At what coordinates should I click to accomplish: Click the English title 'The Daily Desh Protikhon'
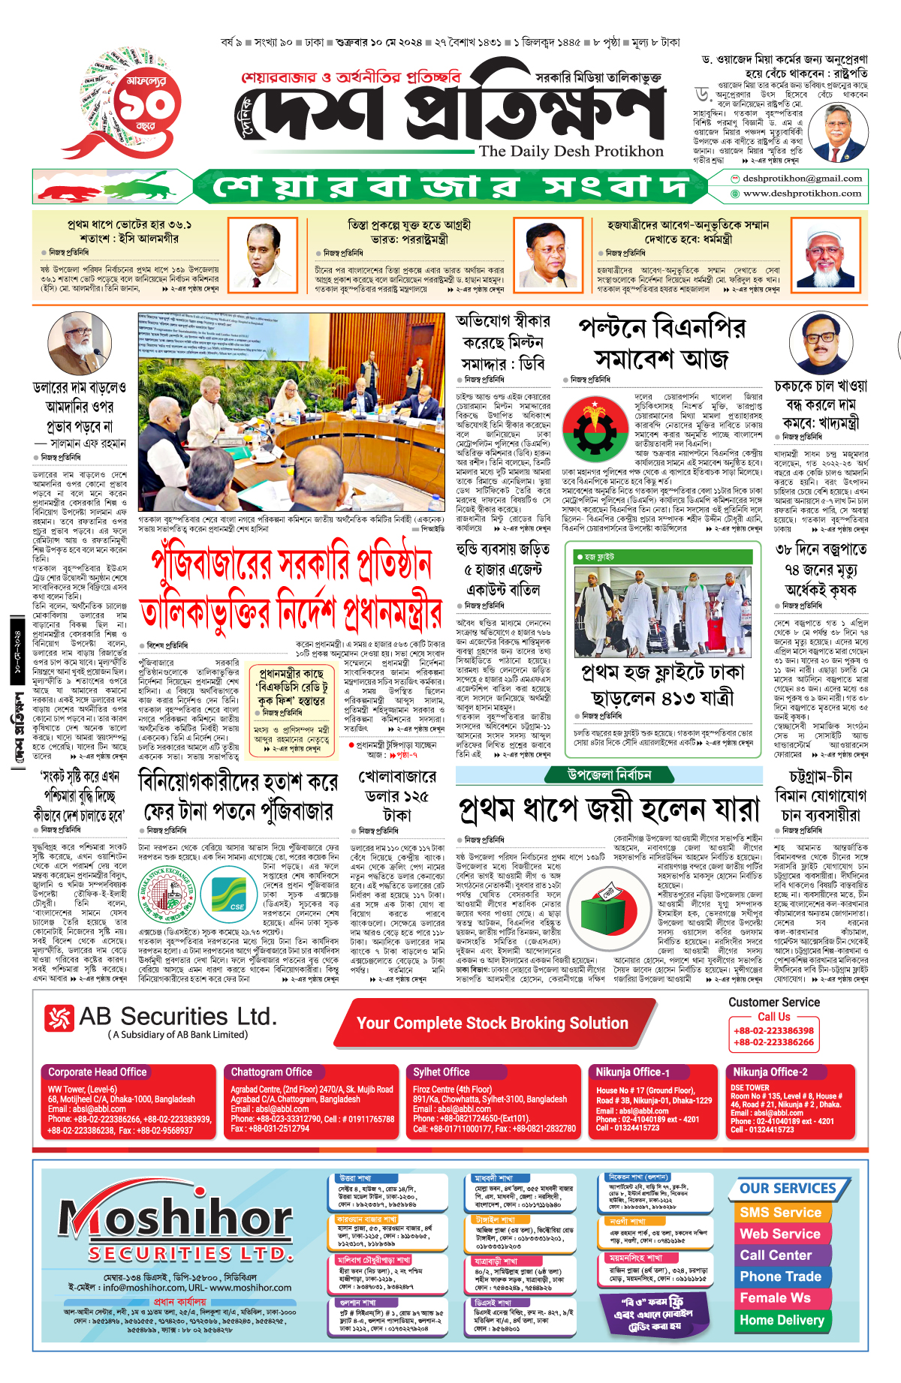[571, 152]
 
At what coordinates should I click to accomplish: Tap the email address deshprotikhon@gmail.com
[802, 179]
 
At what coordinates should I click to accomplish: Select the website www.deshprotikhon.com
[802, 194]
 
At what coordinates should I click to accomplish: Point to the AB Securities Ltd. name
[177, 1017]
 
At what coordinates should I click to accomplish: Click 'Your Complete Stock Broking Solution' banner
[493, 1024]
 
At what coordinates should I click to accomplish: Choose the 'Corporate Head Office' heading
[98, 1072]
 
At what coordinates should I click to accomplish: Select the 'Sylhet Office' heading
[441, 1072]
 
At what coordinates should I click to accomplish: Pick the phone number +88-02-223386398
[773, 1031]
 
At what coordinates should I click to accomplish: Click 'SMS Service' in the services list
[780, 1213]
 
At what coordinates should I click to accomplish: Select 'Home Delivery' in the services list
[782, 1320]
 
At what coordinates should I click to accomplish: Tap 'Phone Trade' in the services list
[780, 1276]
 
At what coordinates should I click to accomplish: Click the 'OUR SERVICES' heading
[788, 1189]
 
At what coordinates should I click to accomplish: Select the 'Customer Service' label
[773, 1003]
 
